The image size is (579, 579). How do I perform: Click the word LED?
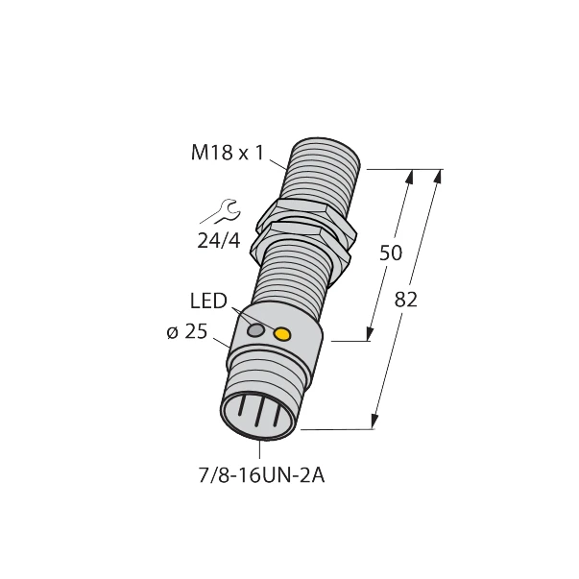tap(207, 302)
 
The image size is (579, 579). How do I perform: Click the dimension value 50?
tap(390, 253)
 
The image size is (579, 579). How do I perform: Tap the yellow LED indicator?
tap(282, 334)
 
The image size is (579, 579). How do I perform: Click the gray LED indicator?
tap(255, 330)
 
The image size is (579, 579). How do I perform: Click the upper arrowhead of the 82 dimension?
tap(438, 177)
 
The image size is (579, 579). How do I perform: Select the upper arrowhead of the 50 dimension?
tap(410, 177)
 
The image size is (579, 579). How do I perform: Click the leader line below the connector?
tap(260, 450)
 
